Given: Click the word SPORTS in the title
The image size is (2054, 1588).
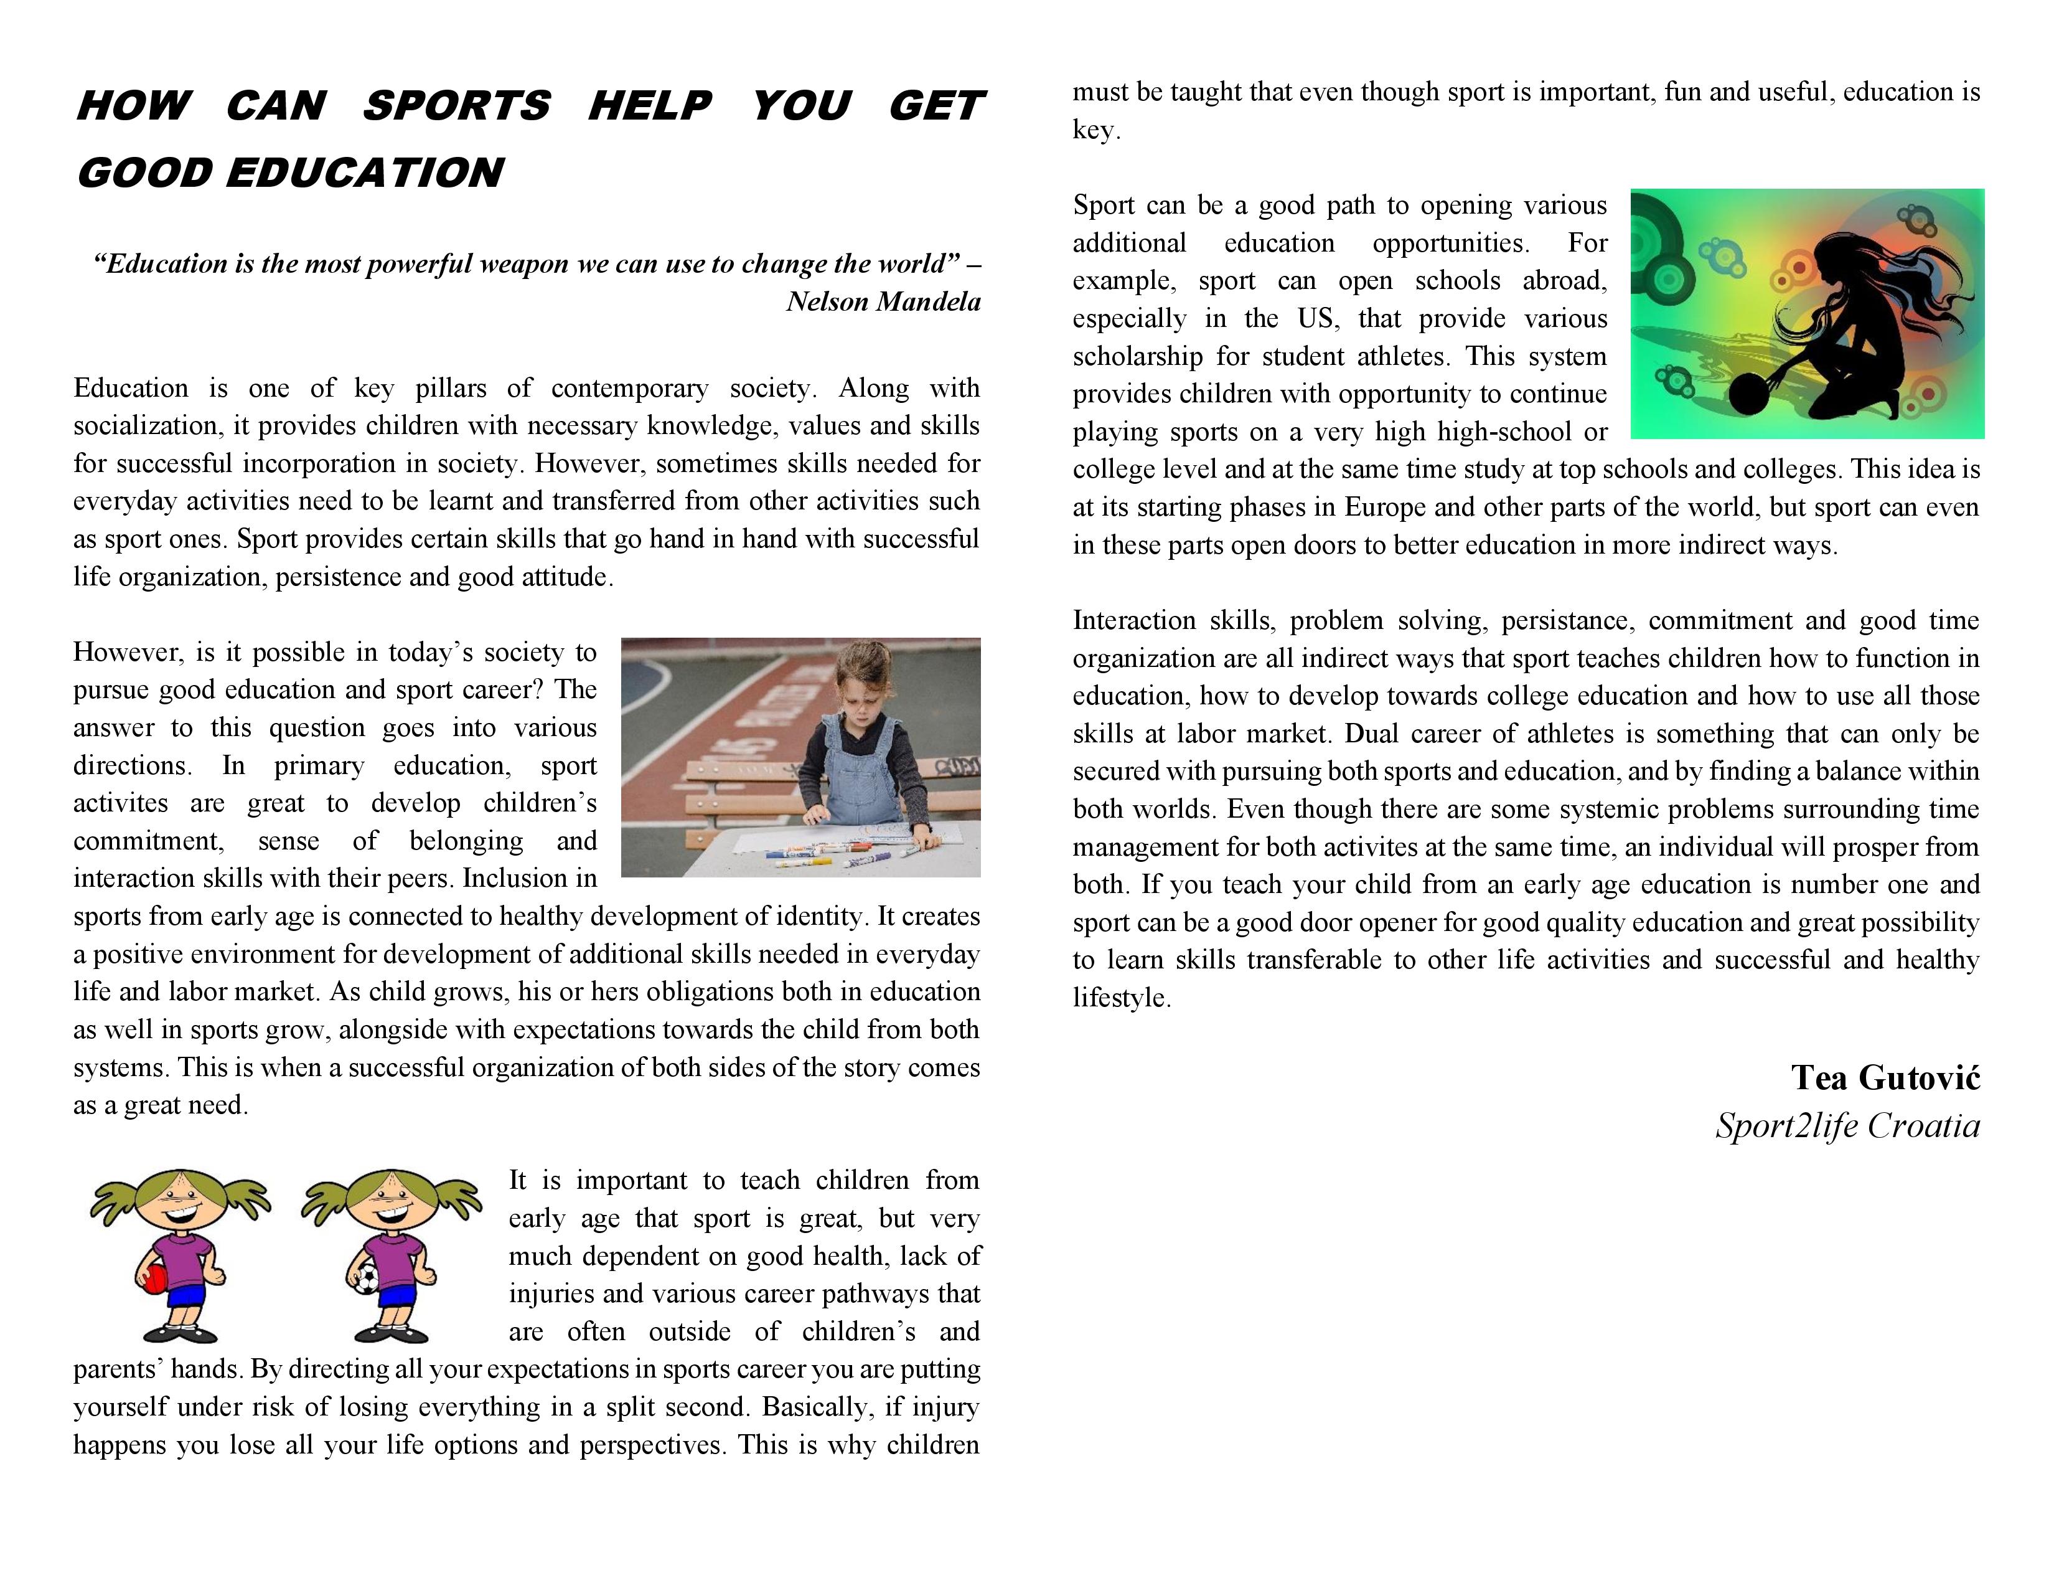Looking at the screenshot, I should coord(456,105).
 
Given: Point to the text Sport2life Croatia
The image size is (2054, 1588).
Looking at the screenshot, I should coord(1847,1126).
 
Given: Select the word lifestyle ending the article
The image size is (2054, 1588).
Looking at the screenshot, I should coord(1121,998).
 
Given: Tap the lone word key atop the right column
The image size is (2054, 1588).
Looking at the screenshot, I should coord(1095,130).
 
